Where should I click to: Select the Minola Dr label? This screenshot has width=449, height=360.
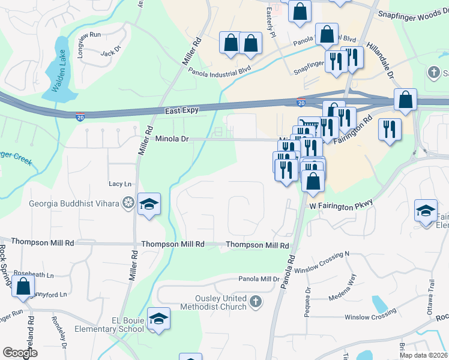tap(172, 139)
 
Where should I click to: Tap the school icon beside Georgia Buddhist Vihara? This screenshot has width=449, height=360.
tap(149, 205)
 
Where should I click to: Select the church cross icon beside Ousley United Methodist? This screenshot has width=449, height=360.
tap(256, 301)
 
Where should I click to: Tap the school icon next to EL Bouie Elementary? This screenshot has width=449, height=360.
tap(158, 319)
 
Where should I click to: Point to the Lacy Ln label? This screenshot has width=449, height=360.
tap(119, 184)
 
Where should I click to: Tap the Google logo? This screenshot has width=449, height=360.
tap(20, 353)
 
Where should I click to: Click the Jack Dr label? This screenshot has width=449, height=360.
tap(111, 53)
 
